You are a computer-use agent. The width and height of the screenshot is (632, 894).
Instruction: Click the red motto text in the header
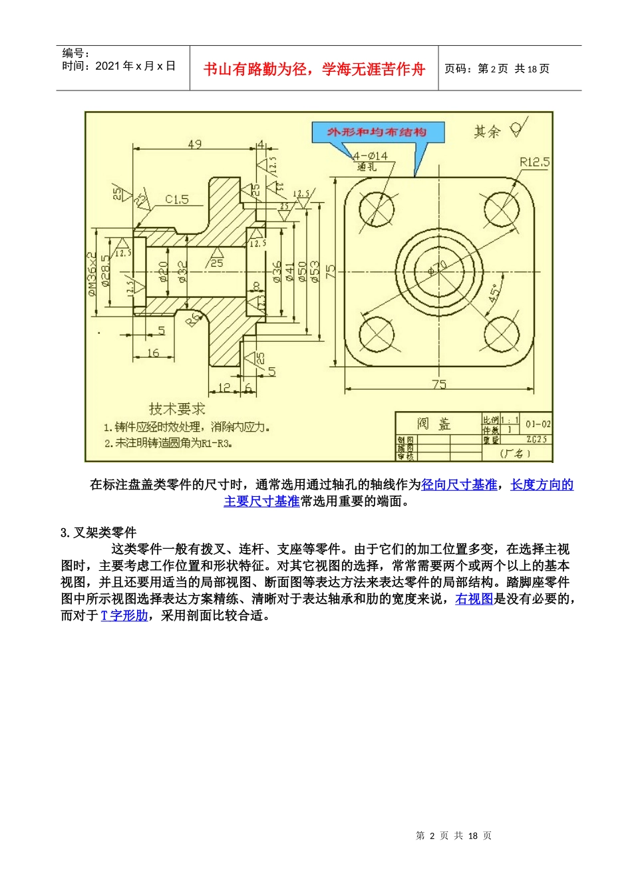314,69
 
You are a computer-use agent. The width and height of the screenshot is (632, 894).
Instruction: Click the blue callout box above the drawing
377,132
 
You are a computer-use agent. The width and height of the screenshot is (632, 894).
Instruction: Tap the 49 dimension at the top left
194,144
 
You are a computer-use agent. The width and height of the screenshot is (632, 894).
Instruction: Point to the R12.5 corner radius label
535,162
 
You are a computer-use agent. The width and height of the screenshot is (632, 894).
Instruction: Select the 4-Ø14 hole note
370,156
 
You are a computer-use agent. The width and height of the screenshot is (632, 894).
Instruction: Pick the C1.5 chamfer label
176,200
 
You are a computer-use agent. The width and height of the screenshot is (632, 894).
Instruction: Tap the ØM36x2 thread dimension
92,273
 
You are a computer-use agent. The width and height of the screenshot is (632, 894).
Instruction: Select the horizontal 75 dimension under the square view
439,384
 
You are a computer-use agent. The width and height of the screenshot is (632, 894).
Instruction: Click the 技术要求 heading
176,410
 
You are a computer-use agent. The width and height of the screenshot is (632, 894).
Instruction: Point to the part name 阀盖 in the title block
434,424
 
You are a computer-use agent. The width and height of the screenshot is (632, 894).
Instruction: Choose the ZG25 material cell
537,440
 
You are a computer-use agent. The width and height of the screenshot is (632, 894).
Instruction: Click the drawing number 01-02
538,424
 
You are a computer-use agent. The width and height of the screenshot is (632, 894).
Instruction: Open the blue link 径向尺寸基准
459,485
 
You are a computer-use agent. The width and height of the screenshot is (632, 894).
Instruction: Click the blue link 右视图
474,599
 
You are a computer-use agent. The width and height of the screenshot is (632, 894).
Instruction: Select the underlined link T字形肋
124,616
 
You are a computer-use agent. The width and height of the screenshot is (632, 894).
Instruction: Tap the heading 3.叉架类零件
98,533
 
